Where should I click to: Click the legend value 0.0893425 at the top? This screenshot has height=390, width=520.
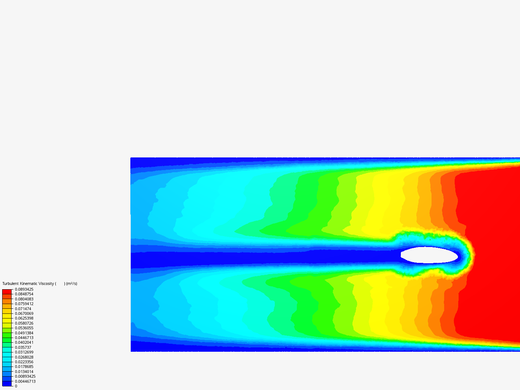[24, 289]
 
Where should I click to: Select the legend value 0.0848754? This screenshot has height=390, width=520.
[24, 294]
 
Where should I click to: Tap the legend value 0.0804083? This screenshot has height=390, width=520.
[24, 299]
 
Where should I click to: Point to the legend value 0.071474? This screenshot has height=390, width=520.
[23, 309]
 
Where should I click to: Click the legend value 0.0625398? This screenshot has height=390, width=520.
[24, 318]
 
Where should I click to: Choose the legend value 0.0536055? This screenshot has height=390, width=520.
[24, 328]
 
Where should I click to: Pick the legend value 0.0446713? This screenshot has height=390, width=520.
[24, 338]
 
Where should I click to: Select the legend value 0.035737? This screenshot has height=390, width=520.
[23, 347]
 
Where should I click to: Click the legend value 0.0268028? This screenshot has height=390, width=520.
[24, 357]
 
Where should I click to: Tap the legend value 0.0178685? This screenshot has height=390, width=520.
[24, 367]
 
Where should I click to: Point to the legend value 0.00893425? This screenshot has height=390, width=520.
[25, 376]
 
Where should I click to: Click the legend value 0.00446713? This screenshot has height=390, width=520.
[25, 381]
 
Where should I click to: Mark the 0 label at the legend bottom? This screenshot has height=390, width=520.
[16, 386]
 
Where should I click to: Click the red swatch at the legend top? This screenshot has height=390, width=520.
[7, 291]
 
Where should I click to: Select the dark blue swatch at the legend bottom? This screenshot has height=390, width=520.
[7, 384]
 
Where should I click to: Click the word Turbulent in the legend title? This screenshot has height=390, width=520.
[10, 283]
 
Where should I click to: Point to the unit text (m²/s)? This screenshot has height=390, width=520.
[71, 283]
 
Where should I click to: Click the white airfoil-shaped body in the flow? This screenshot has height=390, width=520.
[429, 255]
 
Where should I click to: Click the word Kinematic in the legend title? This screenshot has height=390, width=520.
[29, 283]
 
